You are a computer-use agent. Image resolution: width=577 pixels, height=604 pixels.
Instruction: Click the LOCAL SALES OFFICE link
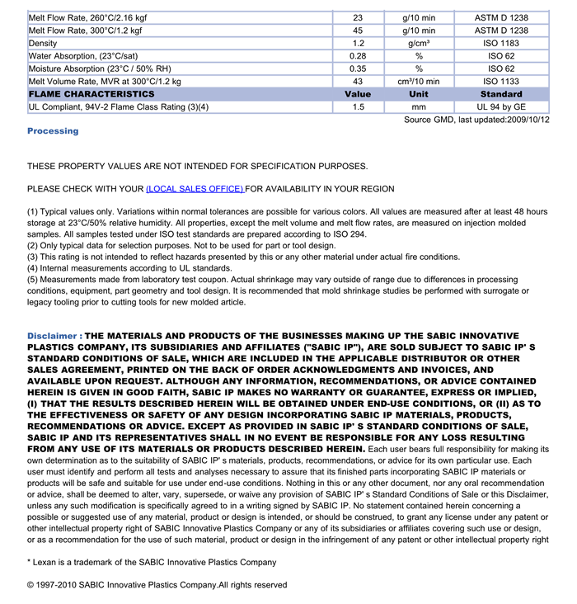(195, 189)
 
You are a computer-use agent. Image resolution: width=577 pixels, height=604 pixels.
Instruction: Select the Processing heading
(53, 131)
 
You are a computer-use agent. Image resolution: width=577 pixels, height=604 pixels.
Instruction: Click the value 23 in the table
(358, 17)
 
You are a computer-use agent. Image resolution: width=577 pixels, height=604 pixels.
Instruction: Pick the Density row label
(43, 44)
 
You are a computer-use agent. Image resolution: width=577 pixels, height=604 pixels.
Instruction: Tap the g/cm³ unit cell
(419, 44)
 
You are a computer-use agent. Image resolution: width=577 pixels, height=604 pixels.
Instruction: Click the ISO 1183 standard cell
(501, 44)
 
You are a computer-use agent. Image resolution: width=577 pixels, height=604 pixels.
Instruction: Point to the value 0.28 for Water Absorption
(358, 56)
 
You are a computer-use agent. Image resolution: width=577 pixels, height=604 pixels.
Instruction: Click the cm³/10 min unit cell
(419, 82)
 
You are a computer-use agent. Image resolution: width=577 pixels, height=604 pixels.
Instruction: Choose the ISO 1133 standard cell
(501, 82)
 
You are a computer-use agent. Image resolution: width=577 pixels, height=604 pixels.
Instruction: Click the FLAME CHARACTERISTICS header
(91, 94)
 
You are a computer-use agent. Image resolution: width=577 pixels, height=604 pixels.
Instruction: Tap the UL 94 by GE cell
(501, 107)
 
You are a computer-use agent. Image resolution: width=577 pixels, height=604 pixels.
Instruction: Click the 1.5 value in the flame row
(358, 107)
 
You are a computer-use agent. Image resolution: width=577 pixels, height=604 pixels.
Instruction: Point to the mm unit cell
(419, 107)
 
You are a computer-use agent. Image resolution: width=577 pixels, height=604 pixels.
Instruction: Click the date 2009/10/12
(527, 120)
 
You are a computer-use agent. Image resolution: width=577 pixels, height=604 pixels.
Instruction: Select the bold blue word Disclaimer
(52, 337)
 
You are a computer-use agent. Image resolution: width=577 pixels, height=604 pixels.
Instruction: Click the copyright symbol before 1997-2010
(30, 585)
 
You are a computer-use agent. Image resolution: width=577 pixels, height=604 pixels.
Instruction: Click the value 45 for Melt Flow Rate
(358, 31)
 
